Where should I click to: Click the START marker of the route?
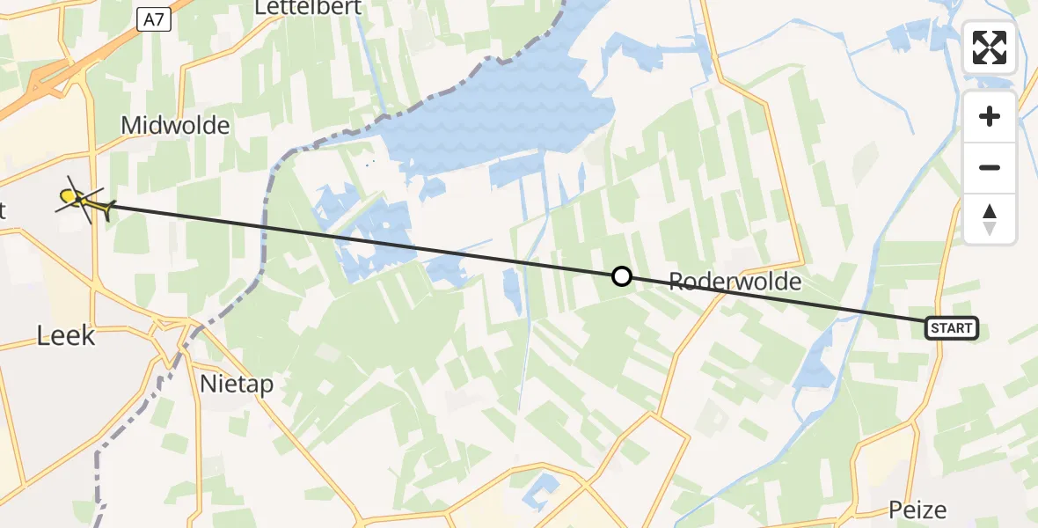click(x=951, y=328)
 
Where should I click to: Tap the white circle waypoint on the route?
click(x=621, y=276)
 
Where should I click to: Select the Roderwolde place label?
click(x=735, y=282)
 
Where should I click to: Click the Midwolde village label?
click(x=175, y=125)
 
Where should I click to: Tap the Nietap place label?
click(x=237, y=384)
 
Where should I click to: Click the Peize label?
click(x=917, y=510)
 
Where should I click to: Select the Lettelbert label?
click(x=303, y=8)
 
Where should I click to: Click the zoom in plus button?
click(x=990, y=117)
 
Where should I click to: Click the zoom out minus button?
click(x=990, y=167)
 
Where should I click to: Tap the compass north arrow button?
click(x=990, y=218)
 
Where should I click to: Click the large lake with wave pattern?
click(x=510, y=114)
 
